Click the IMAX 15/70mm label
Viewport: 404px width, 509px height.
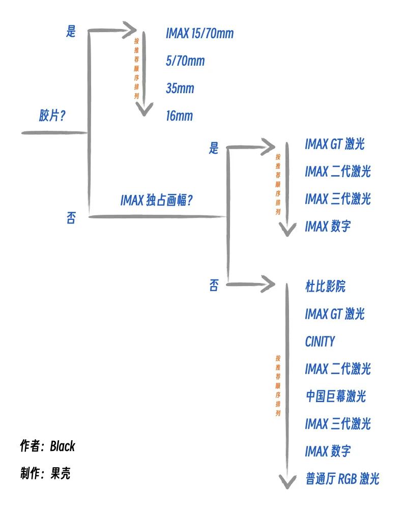pyautogui.click(x=199, y=34)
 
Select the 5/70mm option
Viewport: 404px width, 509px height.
pyautogui.click(x=185, y=61)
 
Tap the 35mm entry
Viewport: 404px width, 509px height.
pyautogui.click(x=180, y=89)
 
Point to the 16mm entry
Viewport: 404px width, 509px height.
pyautogui.click(x=180, y=116)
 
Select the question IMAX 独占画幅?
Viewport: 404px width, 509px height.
pyautogui.click(x=156, y=200)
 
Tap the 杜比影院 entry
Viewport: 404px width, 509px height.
pyautogui.click(x=325, y=286)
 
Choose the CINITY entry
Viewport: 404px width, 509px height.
pyautogui.click(x=320, y=341)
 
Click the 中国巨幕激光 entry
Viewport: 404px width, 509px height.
pyautogui.click(x=336, y=396)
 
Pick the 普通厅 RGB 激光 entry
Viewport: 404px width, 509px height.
pyautogui.click(x=342, y=478)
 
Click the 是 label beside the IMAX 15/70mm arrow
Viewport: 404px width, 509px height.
pyautogui.click(x=71, y=32)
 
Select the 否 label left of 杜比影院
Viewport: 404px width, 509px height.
pyautogui.click(x=214, y=286)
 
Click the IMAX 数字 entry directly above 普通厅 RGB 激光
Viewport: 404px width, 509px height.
pyautogui.click(x=328, y=451)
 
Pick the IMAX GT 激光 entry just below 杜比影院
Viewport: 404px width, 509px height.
pyautogui.click(x=335, y=314)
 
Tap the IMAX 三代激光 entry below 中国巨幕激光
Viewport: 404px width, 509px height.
pyautogui.click(x=338, y=423)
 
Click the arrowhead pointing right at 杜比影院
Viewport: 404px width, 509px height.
pyautogui.click(x=269, y=283)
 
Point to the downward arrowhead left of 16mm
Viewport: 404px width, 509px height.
pyautogui.click(x=145, y=109)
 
